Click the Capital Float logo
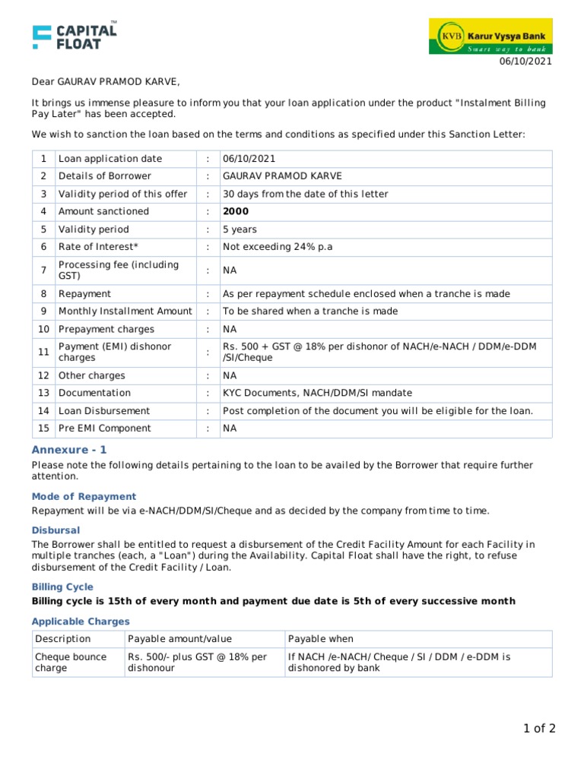click(x=75, y=36)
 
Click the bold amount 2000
click(x=236, y=211)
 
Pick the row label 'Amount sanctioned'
click(x=103, y=211)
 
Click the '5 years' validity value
click(x=240, y=229)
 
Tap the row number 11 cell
click(x=43, y=352)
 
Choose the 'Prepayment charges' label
click(x=106, y=329)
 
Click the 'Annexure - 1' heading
click(x=69, y=450)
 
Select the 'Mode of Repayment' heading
click(x=84, y=496)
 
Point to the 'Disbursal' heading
click(x=56, y=530)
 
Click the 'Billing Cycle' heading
click(x=62, y=587)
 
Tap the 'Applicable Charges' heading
click(x=81, y=621)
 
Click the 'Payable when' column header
click(x=320, y=639)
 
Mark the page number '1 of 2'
click(x=539, y=729)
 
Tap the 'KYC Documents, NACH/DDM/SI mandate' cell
click(x=317, y=393)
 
